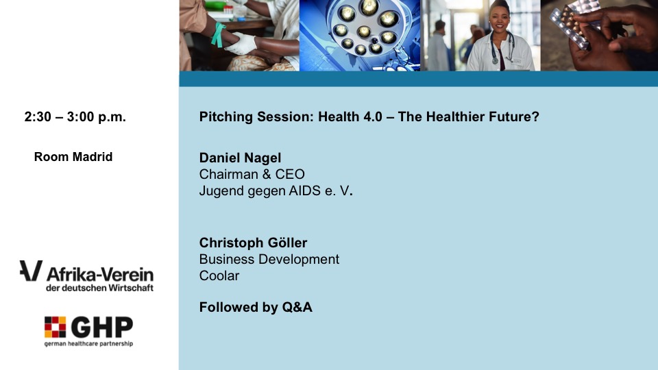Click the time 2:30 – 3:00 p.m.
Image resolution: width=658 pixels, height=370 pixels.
click(x=75, y=116)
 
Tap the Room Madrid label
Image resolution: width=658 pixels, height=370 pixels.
click(x=73, y=157)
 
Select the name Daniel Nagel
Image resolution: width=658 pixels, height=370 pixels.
click(x=240, y=158)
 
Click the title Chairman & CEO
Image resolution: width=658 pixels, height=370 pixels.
click(x=252, y=174)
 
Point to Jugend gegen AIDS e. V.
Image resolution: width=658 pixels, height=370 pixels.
click(x=276, y=191)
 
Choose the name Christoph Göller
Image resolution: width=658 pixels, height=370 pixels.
click(x=253, y=243)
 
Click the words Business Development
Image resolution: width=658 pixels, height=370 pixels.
click(x=269, y=259)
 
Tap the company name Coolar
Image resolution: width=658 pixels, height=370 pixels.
click(x=219, y=275)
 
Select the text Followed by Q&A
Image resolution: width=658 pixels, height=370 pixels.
click(x=256, y=307)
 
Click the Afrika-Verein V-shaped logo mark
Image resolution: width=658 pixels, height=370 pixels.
click(x=31, y=271)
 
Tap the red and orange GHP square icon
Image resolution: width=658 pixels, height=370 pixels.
click(x=55, y=328)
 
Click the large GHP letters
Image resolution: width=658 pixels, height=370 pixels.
click(x=102, y=328)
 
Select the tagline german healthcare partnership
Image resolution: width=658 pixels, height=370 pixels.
click(x=88, y=343)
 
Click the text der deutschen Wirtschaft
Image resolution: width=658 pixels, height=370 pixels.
click(x=100, y=288)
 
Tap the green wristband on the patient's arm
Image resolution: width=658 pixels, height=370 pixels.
click(x=218, y=34)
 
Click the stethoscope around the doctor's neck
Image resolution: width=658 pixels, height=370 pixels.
click(x=502, y=47)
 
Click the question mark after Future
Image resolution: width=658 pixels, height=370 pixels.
click(x=535, y=116)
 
